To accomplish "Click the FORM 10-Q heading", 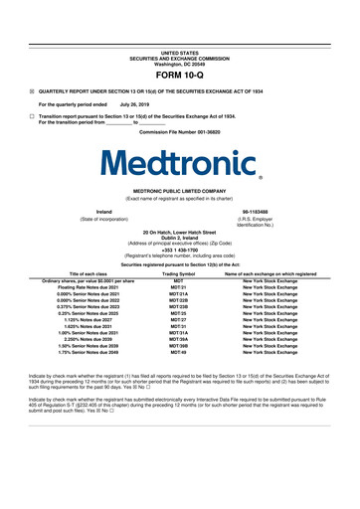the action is point(179,75).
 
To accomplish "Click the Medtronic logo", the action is point(179,162).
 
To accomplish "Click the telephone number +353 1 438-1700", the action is point(179,250).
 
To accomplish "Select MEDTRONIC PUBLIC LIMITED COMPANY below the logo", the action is point(179,193).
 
